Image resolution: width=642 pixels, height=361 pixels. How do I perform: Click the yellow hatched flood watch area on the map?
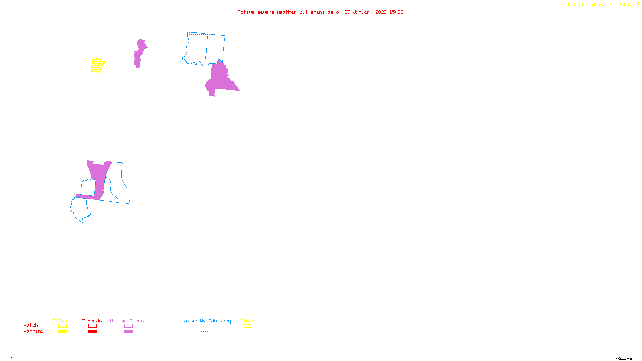tap(96, 65)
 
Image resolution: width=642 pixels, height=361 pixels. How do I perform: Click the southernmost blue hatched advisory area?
tap(79, 209)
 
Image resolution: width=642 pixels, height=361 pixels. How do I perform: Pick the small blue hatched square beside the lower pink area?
tap(88, 187)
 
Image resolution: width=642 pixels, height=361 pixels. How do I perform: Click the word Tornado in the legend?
tap(92, 321)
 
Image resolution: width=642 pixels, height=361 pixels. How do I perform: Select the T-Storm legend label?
tap(62, 321)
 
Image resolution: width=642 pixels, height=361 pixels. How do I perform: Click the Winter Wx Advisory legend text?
tap(205, 321)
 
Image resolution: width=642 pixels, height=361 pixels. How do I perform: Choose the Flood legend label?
tap(248, 321)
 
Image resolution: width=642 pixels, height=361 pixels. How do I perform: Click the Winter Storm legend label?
tap(127, 321)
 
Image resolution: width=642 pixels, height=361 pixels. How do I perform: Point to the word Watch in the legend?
tap(31, 325)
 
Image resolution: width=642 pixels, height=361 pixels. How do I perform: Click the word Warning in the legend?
tap(34, 331)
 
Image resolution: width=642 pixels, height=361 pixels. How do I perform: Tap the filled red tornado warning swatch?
tap(92, 332)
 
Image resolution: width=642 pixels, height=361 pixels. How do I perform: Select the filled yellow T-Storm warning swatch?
tap(62, 332)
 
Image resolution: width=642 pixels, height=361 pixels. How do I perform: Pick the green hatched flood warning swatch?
tap(248, 332)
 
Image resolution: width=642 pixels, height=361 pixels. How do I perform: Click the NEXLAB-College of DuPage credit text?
tap(601, 5)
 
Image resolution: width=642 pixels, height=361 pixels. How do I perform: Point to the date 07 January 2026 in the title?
tap(365, 12)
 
